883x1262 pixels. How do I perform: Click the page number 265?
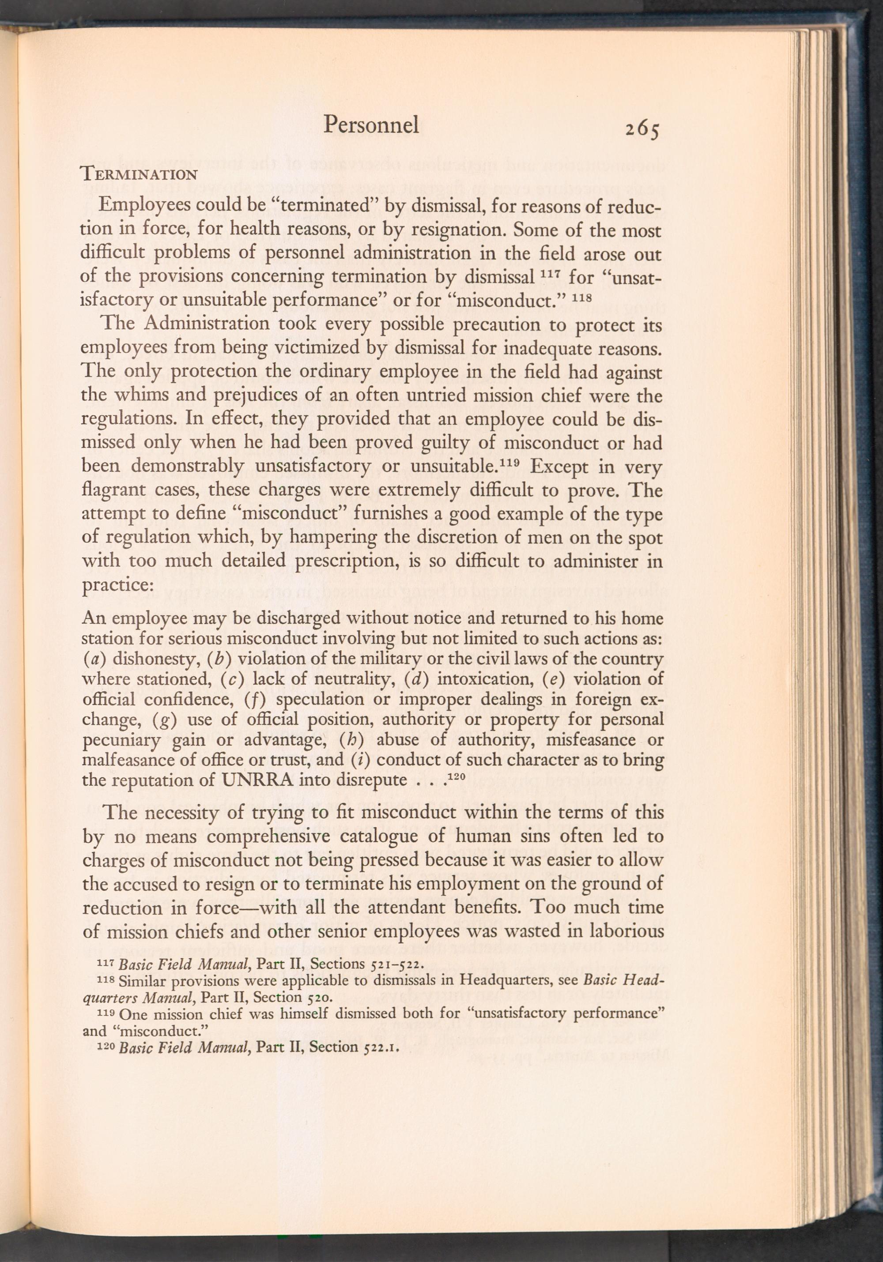[641, 130]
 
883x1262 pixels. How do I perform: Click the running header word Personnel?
[371, 125]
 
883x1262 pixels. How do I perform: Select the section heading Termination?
[139, 175]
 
